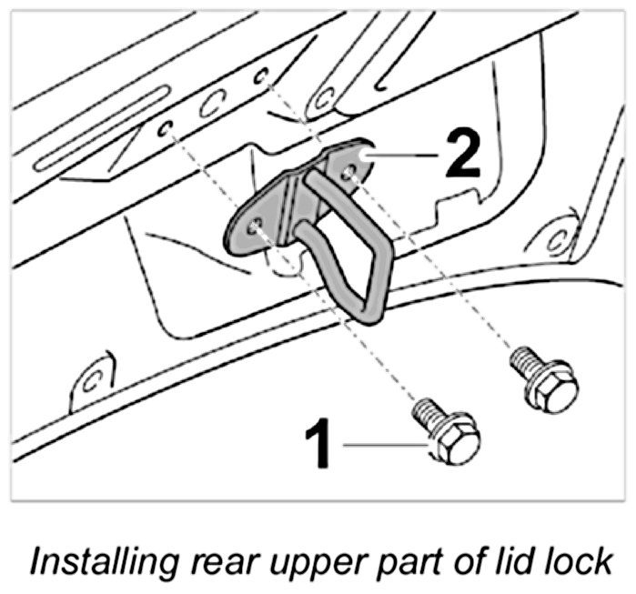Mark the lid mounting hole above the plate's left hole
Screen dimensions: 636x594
166,130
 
